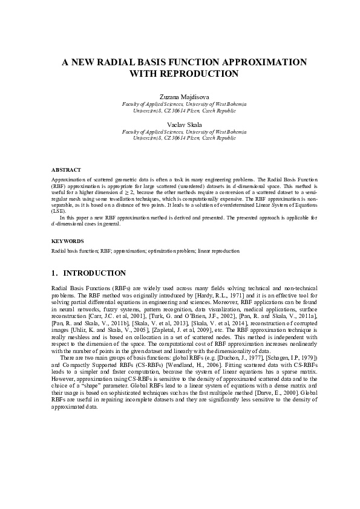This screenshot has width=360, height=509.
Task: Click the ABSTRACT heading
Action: click(66, 170)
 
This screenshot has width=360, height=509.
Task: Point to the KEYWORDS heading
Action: click(67, 241)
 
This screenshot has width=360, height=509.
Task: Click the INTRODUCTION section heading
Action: click(94, 273)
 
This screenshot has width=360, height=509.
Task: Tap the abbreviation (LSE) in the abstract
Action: click(58, 212)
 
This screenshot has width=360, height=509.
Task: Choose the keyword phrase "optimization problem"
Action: click(167, 250)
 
